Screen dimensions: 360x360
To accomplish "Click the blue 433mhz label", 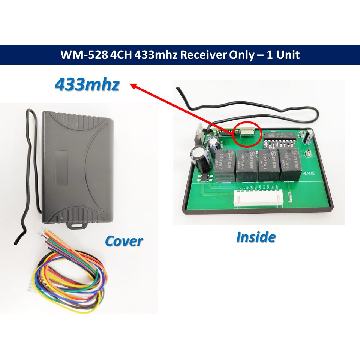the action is [87, 85].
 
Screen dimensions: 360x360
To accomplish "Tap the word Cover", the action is [124, 240].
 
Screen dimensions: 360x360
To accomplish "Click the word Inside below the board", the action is [256, 237].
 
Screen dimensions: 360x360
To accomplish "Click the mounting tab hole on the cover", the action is [76, 226].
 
